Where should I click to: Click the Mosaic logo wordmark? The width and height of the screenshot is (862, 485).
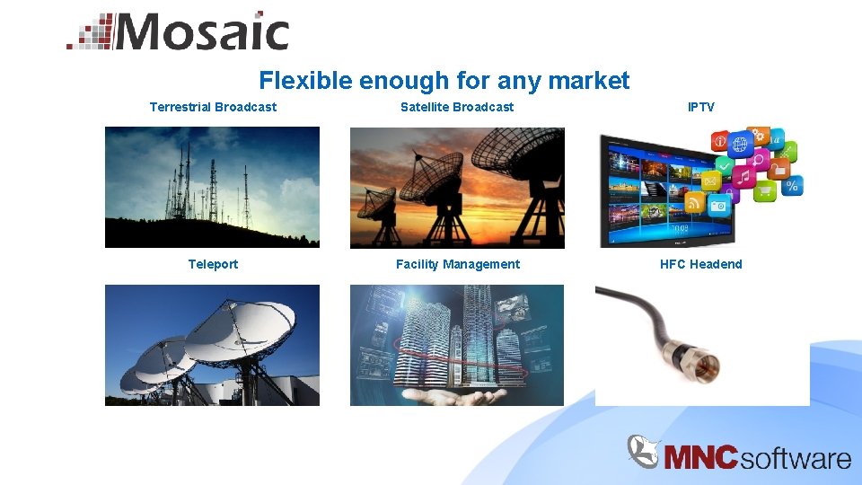pyautogui.click(x=199, y=33)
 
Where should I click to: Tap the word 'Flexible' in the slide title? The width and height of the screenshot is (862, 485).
pyautogui.click(x=305, y=81)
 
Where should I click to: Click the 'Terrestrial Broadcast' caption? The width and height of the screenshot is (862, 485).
pyautogui.click(x=213, y=107)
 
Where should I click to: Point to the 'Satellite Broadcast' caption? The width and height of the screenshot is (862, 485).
pyautogui.click(x=457, y=107)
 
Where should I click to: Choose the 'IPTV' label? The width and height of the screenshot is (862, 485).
pyautogui.click(x=701, y=107)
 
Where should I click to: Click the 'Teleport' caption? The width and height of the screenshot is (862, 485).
pyautogui.click(x=213, y=264)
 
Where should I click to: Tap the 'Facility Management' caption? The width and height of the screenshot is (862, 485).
pyautogui.click(x=457, y=264)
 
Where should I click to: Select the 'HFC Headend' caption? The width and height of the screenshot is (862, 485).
pyautogui.click(x=701, y=264)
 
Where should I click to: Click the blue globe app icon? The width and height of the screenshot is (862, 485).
pyautogui.click(x=740, y=144)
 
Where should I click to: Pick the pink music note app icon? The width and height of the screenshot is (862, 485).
pyautogui.click(x=743, y=177)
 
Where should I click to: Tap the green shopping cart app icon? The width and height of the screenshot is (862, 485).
pyautogui.click(x=764, y=190)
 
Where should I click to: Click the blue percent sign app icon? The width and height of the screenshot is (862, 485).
pyautogui.click(x=792, y=186)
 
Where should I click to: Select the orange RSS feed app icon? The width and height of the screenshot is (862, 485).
pyautogui.click(x=694, y=203)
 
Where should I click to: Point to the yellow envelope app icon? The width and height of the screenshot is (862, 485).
pyautogui.click(x=710, y=181)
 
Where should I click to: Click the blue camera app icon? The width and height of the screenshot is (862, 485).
pyautogui.click(x=718, y=206)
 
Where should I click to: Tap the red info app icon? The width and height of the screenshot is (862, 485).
pyautogui.click(x=719, y=141)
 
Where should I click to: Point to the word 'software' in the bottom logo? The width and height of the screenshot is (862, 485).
pyautogui.click(x=796, y=458)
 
